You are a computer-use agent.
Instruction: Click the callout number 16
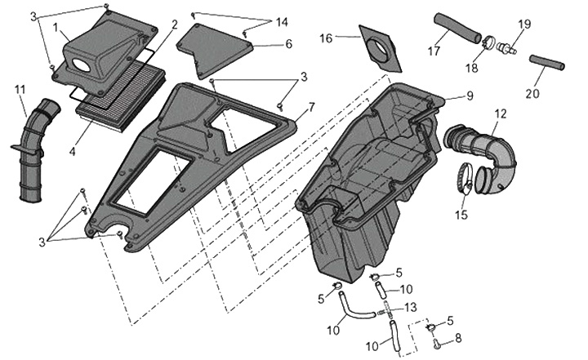[x=326, y=38]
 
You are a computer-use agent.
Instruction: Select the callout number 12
[x=500, y=113]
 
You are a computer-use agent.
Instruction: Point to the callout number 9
[x=470, y=96]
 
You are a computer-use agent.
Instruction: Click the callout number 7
[x=311, y=107]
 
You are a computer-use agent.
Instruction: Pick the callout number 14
[x=282, y=20]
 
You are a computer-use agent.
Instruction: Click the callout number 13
[x=411, y=306]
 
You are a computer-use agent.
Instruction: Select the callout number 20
[x=532, y=94]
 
